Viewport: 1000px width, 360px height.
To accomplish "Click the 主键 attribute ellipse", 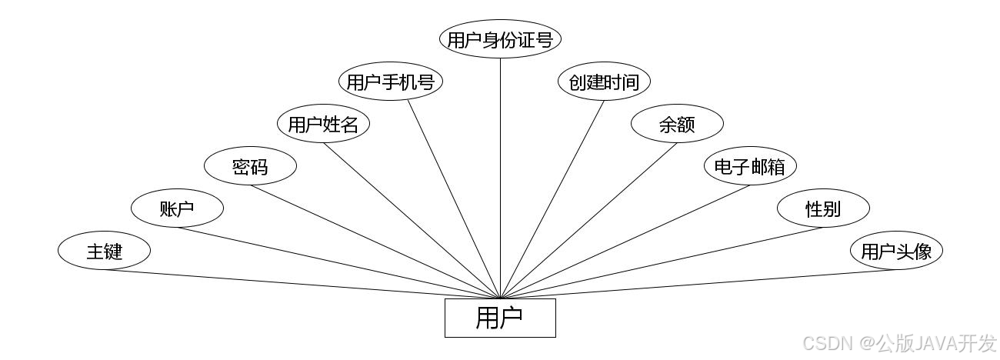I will click(x=104, y=251).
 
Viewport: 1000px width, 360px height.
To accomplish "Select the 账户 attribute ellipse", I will click(x=177, y=208).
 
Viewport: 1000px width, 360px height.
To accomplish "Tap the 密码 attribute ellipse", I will click(x=250, y=166).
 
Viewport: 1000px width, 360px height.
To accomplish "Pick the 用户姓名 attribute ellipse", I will click(x=323, y=124).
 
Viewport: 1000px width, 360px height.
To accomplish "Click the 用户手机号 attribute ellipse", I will click(x=391, y=82).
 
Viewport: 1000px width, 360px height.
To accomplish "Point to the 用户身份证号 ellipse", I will click(x=500, y=39).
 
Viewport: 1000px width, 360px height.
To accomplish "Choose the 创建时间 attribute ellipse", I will click(x=604, y=82).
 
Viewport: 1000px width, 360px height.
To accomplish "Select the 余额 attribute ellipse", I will click(x=677, y=124).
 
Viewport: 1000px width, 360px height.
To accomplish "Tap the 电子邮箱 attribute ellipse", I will click(x=750, y=166).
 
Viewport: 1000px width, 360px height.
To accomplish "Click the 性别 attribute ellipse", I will click(x=823, y=208).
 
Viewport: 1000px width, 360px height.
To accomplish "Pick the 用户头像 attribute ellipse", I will click(x=896, y=251).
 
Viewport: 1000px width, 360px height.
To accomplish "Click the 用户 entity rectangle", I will click(x=500, y=318).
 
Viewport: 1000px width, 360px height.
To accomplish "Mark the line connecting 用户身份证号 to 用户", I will click(x=500, y=177).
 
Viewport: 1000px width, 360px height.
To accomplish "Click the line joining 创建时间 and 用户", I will click(x=552, y=198).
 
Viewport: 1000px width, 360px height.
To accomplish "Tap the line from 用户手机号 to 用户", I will click(x=454, y=198).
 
